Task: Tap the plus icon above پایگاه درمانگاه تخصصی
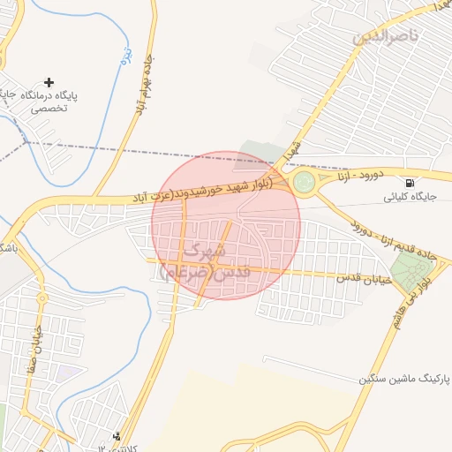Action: (x=49, y=82)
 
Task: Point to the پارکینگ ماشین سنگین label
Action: (x=403, y=379)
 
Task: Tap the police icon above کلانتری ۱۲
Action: (x=117, y=436)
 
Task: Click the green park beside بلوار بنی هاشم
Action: (x=407, y=275)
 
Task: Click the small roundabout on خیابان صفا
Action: (x=41, y=298)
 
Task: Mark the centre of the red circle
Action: (x=226, y=225)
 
